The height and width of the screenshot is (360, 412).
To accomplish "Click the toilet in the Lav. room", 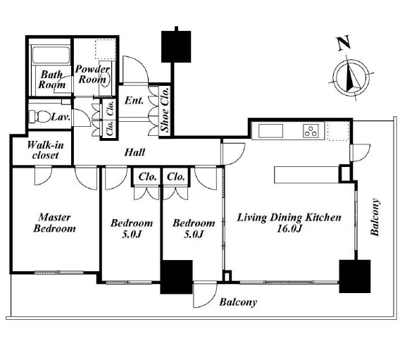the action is point(39,116).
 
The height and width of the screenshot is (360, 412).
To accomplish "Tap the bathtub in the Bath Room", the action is point(51,55).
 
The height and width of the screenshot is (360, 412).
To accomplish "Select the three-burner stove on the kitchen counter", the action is point(311,130).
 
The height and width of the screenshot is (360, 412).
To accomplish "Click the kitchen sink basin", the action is point(270,131).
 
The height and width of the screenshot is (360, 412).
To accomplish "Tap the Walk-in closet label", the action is point(45,150).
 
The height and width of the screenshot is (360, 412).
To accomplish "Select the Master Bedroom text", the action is point(55,223).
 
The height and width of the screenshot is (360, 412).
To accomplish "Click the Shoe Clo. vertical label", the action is point(165,109).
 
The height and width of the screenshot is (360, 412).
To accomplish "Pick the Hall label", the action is point(135,152).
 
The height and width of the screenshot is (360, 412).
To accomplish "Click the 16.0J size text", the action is point(289,229).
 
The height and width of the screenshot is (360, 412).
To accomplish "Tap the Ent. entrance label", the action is point(134,100).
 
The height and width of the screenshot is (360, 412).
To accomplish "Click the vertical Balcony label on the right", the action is point(375,217).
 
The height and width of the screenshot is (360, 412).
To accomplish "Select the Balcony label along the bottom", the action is point(238,302).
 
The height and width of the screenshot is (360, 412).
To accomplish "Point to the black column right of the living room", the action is point(355,276).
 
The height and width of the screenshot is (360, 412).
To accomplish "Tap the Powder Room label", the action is point(92,74).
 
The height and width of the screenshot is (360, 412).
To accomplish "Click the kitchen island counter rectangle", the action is point(306,175).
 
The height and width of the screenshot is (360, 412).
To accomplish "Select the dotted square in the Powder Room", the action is point(106,49).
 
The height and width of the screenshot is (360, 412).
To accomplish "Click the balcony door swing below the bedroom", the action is point(205,294).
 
